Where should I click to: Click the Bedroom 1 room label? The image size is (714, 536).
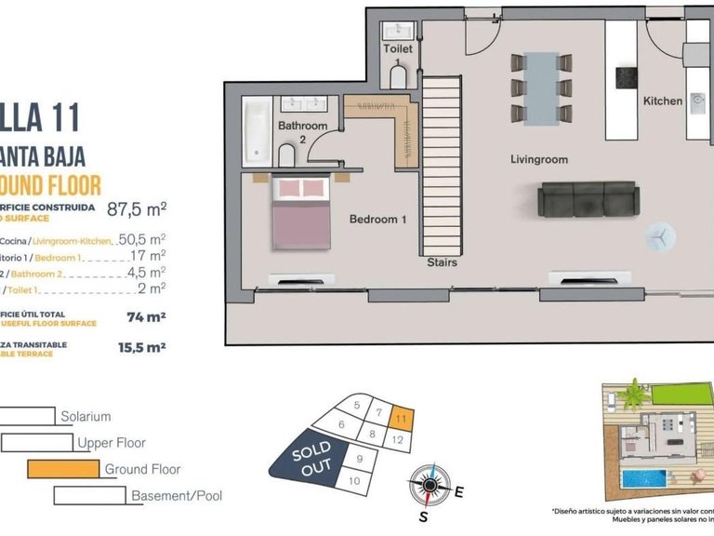[378, 220]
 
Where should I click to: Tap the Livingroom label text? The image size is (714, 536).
[539, 159]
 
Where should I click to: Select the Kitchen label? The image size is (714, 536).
[663, 100]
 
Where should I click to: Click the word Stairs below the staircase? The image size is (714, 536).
[442, 262]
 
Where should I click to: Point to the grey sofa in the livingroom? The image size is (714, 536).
[588, 198]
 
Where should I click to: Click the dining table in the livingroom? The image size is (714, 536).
[541, 87]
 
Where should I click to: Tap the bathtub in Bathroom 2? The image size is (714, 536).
[256, 130]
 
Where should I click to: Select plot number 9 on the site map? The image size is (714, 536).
[358, 458]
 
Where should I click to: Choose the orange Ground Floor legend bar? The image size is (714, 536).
[63, 469]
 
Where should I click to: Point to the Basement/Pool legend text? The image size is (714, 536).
[177, 496]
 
